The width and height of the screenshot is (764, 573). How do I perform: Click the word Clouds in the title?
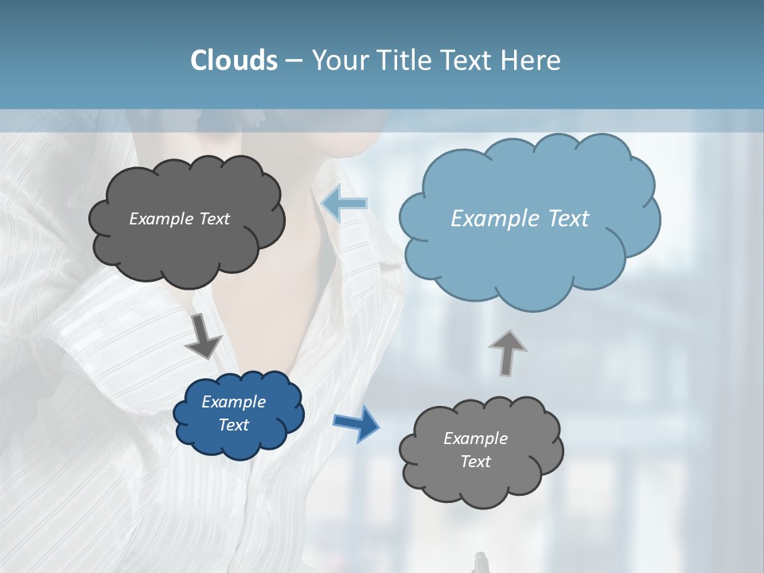coord(234,60)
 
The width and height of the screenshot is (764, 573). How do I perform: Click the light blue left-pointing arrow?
coord(345,204)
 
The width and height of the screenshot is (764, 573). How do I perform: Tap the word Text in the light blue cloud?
coord(568,219)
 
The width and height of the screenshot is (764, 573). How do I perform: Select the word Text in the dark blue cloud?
coord(234,425)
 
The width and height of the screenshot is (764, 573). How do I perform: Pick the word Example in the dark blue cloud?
coord(234,402)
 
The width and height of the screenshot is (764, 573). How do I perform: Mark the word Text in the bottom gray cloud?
coord(476,462)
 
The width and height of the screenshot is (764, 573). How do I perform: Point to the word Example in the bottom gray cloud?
coord(476,439)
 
